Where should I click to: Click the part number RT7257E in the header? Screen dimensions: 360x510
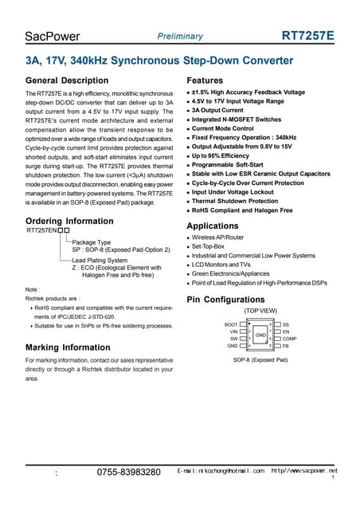(308, 37)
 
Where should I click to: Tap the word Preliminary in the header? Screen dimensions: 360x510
(180, 37)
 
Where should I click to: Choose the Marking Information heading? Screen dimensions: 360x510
(68, 347)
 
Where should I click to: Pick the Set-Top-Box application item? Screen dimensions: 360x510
(209, 246)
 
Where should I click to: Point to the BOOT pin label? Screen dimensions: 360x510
(231, 325)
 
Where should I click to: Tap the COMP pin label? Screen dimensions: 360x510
(290, 339)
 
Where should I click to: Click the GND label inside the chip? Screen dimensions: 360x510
(260, 335)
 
